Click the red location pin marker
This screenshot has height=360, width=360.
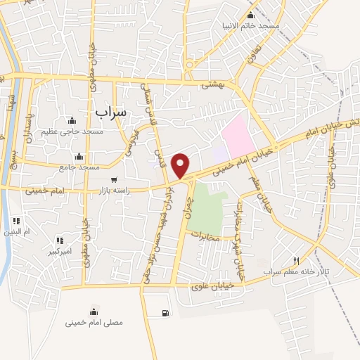tap(181, 165)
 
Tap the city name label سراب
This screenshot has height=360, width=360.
tap(110, 112)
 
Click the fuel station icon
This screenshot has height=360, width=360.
tap(165, 314)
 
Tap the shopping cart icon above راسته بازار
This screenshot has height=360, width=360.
tap(114, 179)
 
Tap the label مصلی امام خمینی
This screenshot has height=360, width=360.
tap(94, 323)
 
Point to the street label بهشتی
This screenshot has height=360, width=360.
tap(212, 84)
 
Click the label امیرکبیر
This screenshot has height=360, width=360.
tap(59, 251)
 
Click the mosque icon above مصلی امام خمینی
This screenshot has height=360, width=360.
tap(94, 311)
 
